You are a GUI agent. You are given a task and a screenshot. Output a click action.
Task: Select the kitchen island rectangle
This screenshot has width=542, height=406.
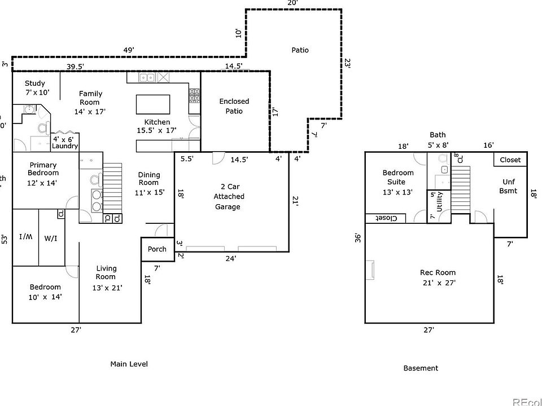[x=153, y=105]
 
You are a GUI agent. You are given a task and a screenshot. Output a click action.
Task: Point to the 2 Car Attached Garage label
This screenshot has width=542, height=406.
[x=229, y=196]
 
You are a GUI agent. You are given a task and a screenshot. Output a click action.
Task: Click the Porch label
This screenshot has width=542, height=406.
[x=157, y=249]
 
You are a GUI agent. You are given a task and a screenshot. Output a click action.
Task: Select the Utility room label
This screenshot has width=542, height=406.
[x=440, y=200]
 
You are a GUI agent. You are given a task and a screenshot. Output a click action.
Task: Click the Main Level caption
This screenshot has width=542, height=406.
[x=129, y=364]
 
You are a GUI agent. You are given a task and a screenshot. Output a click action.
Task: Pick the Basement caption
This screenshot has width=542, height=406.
[x=421, y=368]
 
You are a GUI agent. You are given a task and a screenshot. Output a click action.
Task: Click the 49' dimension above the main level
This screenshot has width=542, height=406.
[x=129, y=50]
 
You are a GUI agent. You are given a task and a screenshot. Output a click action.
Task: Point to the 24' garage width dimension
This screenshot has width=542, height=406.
[x=231, y=259]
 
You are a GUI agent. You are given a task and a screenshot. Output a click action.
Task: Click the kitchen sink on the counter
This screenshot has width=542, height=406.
[x=147, y=78]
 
